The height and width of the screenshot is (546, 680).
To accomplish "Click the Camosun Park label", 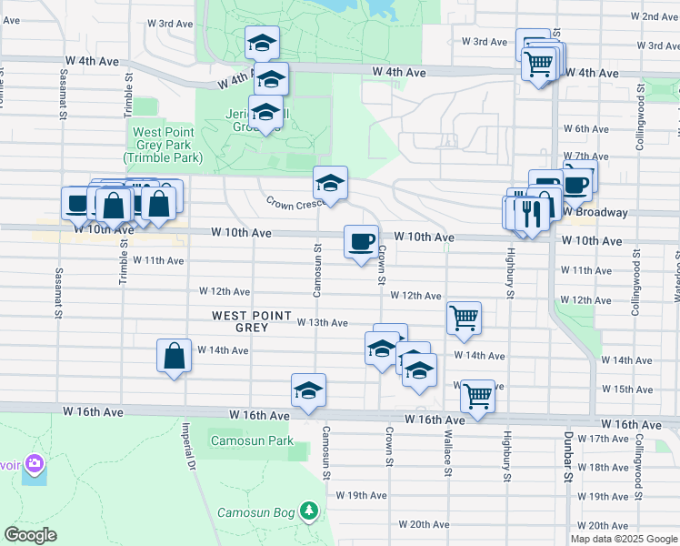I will coord(252,441).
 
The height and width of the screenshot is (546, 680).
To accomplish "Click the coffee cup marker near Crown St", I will coord(361,241).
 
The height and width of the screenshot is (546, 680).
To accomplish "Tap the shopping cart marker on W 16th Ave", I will coord(478,397).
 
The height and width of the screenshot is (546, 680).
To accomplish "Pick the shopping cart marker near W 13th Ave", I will coord(464,318).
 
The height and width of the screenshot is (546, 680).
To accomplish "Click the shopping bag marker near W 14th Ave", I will coord(174,356).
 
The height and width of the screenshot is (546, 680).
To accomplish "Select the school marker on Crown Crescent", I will coord(331,183).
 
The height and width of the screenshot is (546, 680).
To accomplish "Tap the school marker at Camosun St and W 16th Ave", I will coord(308,390).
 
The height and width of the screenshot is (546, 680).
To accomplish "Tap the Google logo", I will coord(31,534).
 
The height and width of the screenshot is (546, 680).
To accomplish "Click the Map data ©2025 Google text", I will coord(624,539).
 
